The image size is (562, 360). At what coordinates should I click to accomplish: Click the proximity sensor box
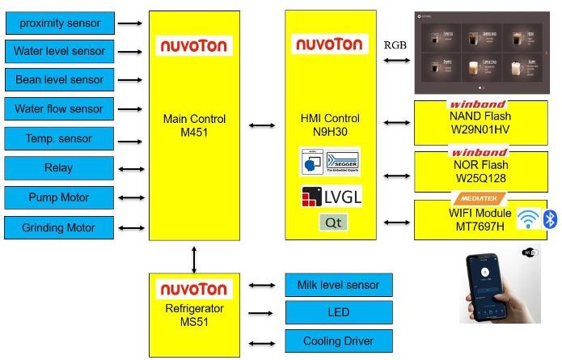pos(59,23)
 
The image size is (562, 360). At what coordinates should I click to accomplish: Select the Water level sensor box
pos(59,52)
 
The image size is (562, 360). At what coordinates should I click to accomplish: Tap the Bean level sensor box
pos(59,80)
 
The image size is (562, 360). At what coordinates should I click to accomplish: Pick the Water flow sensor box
pos(59,109)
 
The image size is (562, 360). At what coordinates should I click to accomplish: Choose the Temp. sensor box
pos(59,138)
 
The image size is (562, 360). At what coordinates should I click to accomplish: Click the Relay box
pos(59,168)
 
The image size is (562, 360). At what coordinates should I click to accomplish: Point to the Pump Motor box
pos(59,197)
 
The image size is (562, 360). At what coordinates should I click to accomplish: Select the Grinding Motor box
pos(59,227)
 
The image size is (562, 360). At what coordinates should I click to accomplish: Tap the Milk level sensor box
pos(338,285)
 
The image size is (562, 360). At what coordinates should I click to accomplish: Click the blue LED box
pos(338,313)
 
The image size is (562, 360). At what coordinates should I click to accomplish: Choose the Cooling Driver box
pos(338,341)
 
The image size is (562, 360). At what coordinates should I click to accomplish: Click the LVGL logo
pos(331,197)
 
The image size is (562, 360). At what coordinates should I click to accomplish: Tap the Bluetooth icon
pos(550,218)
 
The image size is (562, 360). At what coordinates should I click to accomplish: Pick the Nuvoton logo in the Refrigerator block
pos(192,289)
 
